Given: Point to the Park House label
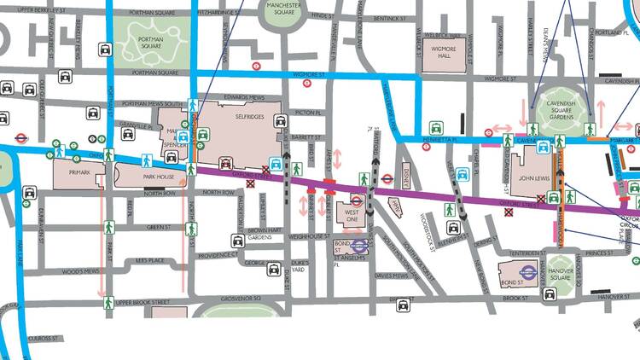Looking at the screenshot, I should (x=159, y=177).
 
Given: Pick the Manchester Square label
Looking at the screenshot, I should (x=285, y=9).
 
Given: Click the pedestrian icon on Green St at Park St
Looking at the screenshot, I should (x=109, y=228).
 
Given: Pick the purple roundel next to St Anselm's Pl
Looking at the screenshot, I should (x=359, y=246).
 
